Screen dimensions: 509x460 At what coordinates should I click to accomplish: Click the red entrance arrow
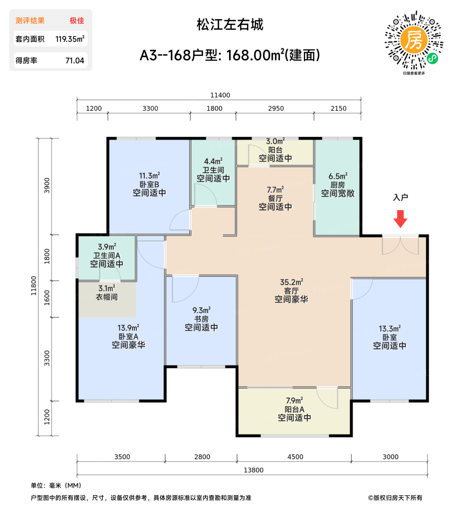click(400, 219)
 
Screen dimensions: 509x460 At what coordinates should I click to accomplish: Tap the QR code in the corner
click(414, 40)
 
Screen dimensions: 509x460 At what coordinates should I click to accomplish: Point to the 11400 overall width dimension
click(220, 95)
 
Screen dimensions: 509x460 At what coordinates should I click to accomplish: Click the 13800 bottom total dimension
click(253, 470)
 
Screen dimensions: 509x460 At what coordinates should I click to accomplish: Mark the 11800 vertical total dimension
click(34, 286)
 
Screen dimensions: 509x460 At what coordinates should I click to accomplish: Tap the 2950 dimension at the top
click(276, 108)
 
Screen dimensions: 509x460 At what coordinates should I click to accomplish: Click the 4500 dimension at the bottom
click(295, 457)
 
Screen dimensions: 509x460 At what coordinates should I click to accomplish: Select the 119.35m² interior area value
click(70, 39)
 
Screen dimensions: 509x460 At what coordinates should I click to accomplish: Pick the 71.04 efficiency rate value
click(75, 61)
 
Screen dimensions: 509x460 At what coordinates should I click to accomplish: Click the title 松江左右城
click(230, 25)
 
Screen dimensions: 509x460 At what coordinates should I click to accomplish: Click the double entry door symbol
click(400, 245)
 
